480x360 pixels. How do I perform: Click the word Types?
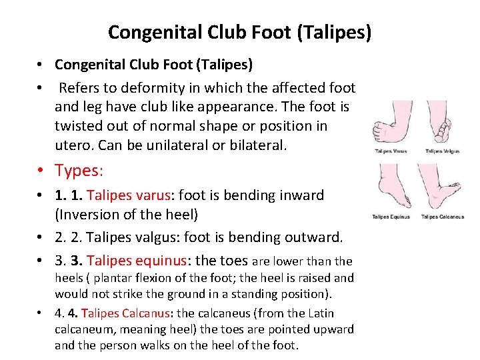click(x=79, y=171)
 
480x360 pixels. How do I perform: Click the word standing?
click(x=257, y=294)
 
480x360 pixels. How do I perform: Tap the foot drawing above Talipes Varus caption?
click(x=391, y=125)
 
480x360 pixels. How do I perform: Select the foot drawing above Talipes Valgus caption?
click(x=441, y=125)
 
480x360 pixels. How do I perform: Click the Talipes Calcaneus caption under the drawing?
click(x=443, y=217)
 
